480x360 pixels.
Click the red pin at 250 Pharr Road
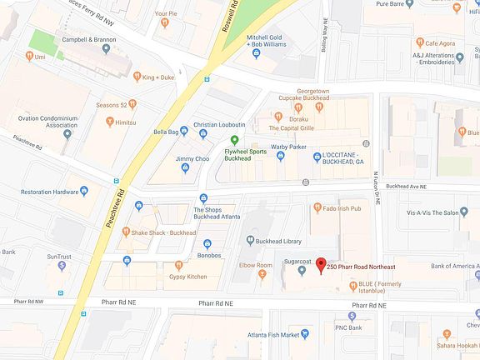(321, 266)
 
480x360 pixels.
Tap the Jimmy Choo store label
(192, 158)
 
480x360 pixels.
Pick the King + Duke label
(159, 77)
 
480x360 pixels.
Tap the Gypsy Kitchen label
(185, 276)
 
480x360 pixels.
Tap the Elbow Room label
(256, 265)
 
